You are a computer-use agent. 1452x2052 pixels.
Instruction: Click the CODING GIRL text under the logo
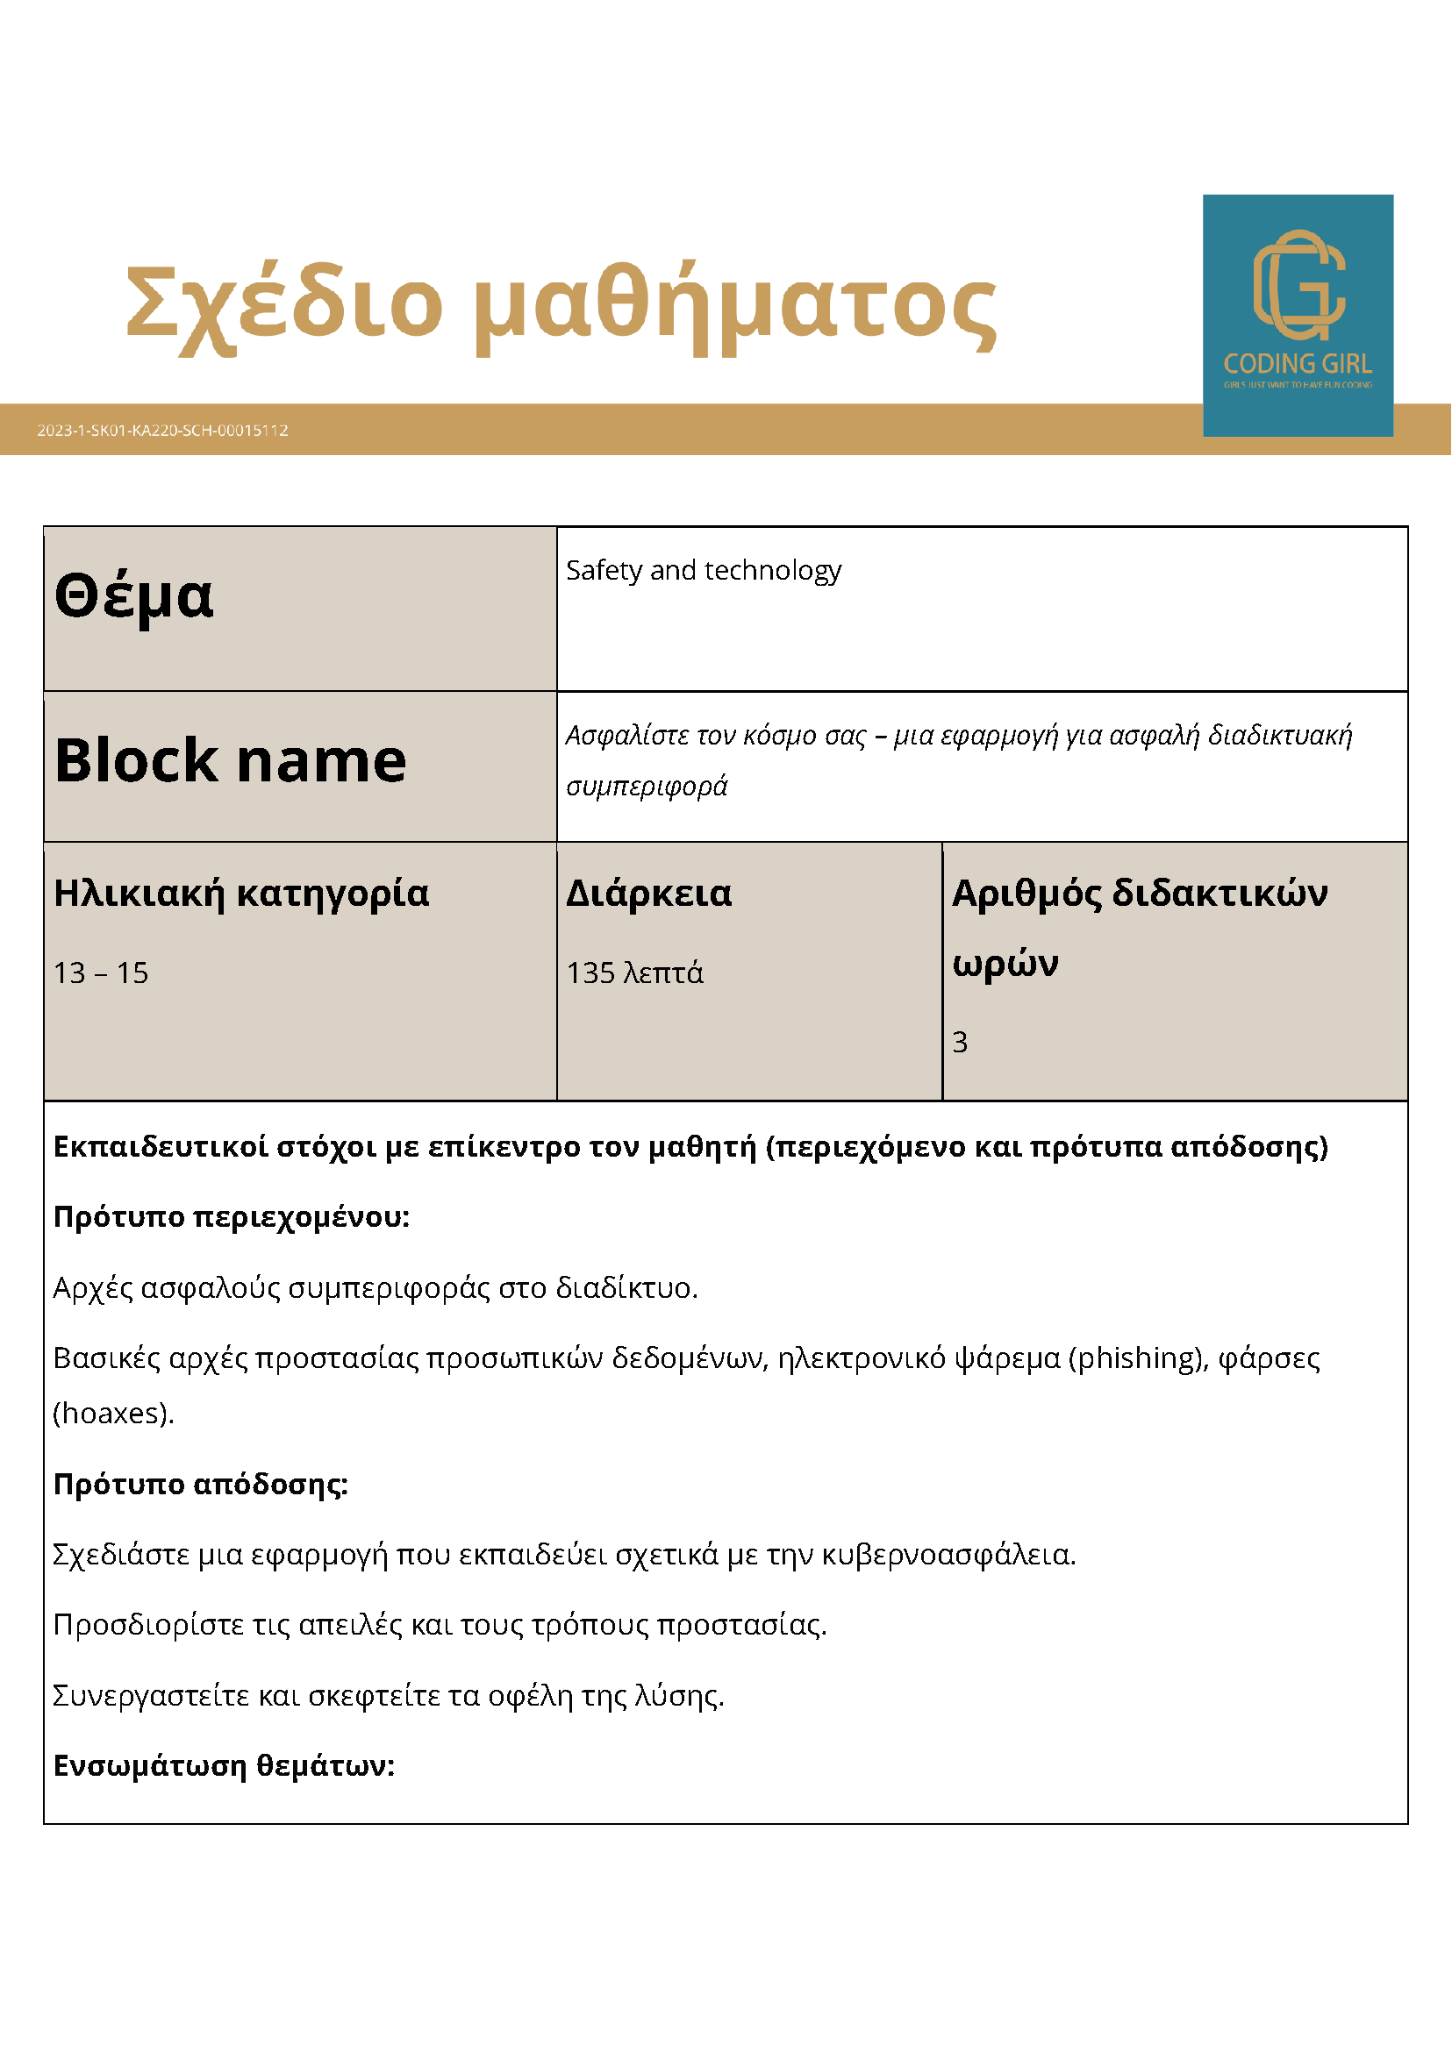tap(1298, 364)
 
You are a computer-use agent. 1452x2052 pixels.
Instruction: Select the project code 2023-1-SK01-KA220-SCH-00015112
tap(162, 430)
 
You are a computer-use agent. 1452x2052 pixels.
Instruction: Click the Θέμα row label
tap(134, 595)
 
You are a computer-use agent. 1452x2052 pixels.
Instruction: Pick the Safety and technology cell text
tap(704, 570)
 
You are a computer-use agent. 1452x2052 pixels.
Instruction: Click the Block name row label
tap(231, 760)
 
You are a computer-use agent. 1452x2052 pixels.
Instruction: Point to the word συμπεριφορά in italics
tap(647, 787)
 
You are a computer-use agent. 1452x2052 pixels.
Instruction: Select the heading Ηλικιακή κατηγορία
tap(241, 893)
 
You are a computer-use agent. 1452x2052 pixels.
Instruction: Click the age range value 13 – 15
tap(101, 973)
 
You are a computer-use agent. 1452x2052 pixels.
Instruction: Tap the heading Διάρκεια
tap(649, 893)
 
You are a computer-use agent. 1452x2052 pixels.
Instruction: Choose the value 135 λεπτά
tap(635, 973)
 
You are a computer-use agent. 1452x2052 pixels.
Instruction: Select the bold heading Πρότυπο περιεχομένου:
tap(232, 1216)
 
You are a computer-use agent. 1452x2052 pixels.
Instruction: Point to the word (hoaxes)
tap(112, 1413)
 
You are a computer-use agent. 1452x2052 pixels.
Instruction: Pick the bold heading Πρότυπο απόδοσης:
tap(201, 1484)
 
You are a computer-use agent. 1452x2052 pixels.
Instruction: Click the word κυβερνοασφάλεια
tap(948, 1554)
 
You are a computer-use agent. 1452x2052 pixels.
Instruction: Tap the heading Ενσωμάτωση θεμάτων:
tap(225, 1765)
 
